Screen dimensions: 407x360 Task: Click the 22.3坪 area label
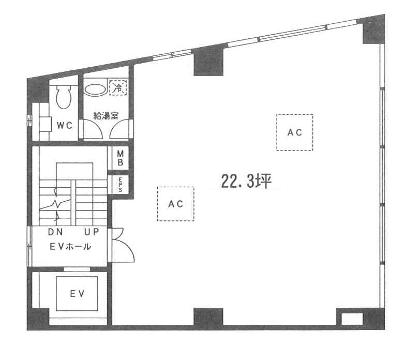click(x=246, y=181)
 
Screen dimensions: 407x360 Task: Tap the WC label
click(x=65, y=126)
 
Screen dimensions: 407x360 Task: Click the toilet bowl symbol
click(x=64, y=97)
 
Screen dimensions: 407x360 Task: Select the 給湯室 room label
click(x=105, y=115)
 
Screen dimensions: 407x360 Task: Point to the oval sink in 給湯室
click(x=95, y=90)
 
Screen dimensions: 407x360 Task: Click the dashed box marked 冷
click(x=118, y=88)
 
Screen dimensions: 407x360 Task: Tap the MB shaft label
click(x=120, y=158)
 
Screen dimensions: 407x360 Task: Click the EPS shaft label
click(x=120, y=185)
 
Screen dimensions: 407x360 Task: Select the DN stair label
click(x=55, y=232)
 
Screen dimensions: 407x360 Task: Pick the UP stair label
click(x=92, y=232)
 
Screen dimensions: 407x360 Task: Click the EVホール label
click(x=70, y=247)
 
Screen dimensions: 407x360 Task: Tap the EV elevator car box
click(x=77, y=294)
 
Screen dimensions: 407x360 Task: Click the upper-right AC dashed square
click(x=295, y=132)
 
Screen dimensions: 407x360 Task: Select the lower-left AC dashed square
click(x=176, y=204)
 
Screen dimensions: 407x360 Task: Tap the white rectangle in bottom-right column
click(x=352, y=319)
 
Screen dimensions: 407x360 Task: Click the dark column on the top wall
click(x=208, y=62)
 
